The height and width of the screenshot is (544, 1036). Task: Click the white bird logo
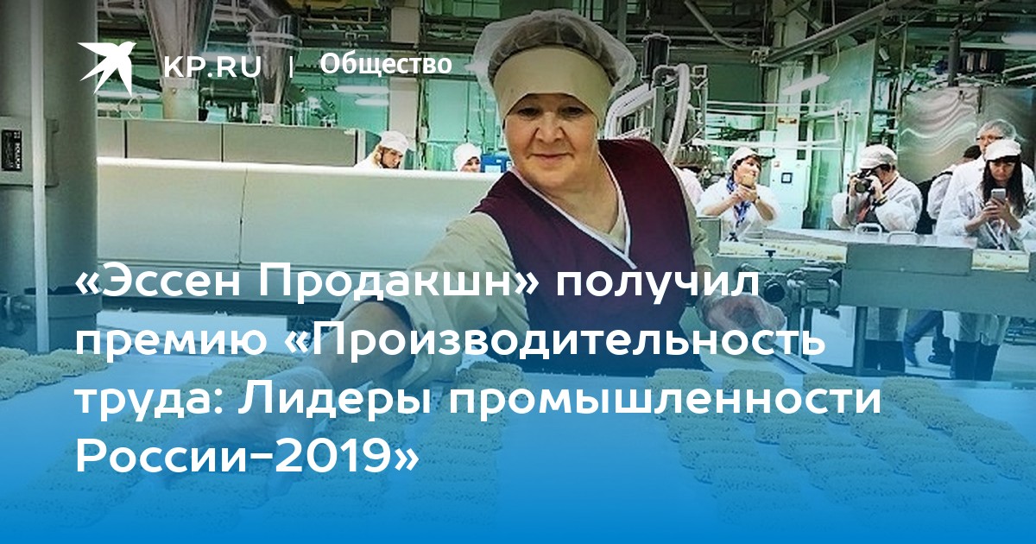pyautogui.click(x=106, y=67)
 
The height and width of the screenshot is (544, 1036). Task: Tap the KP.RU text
pyautogui.click(x=212, y=66)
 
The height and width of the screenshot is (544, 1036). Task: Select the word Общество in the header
pyautogui.click(x=386, y=64)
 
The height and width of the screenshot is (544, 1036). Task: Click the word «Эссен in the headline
pyautogui.click(x=160, y=286)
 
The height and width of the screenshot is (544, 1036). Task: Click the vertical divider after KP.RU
pyautogui.click(x=291, y=67)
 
